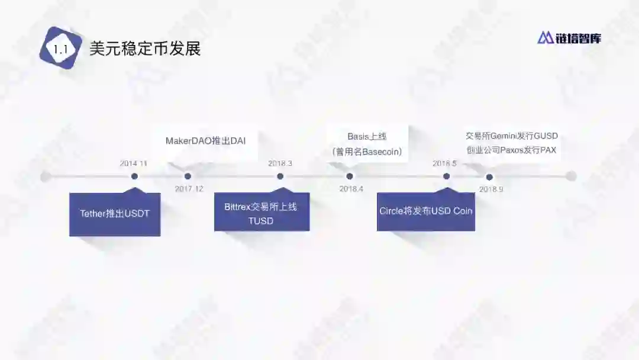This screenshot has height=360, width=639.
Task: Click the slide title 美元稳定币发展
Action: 145,49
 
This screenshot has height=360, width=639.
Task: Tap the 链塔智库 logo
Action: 569,38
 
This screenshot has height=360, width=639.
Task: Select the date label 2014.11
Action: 134,163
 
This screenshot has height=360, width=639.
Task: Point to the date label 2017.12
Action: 189,189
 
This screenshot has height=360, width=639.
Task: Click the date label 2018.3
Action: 280,163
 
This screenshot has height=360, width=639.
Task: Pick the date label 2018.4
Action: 351,189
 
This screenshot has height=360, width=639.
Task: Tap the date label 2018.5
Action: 444,163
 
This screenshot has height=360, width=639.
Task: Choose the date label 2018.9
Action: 491,189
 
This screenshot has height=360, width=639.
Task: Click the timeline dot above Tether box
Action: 134,176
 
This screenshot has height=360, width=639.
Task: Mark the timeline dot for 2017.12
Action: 188,176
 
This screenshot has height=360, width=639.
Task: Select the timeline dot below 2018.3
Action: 280,176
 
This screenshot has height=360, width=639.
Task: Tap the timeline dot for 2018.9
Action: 489,176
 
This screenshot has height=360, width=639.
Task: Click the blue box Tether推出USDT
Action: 115,214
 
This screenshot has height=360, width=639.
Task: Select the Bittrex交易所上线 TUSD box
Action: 262,214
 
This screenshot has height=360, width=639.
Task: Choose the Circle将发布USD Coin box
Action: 426,211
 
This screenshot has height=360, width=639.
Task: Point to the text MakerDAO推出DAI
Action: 205,141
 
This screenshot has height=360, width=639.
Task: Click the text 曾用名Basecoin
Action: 367,152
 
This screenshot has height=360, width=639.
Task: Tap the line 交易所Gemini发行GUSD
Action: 512,136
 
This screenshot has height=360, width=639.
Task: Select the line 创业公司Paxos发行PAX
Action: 511,150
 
